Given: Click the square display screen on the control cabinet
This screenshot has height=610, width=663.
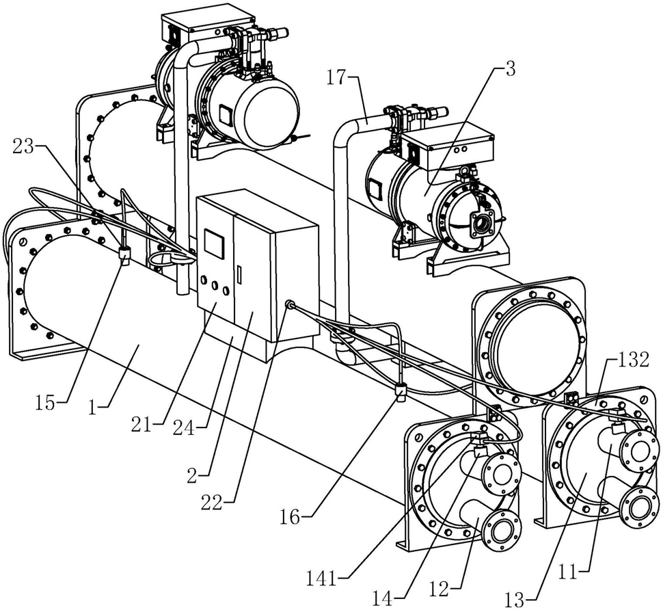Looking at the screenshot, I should [x=215, y=244].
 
